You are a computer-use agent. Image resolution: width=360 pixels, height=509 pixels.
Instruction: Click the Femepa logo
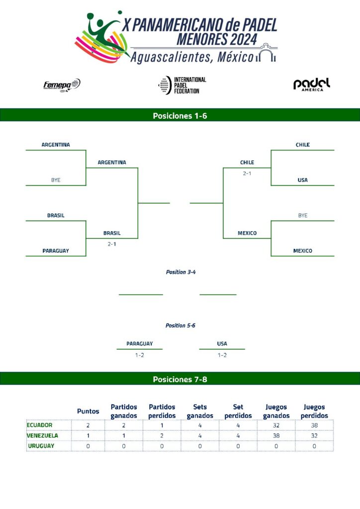click(x=62, y=85)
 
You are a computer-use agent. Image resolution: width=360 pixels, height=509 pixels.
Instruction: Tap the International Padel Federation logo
click(x=181, y=85)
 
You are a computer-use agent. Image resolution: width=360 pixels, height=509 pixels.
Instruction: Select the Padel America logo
click(x=311, y=85)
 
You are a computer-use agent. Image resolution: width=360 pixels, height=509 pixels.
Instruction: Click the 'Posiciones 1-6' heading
click(x=180, y=116)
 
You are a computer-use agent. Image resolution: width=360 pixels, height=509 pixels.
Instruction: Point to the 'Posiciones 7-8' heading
click(x=180, y=379)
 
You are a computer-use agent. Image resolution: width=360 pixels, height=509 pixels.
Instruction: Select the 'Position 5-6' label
click(x=180, y=325)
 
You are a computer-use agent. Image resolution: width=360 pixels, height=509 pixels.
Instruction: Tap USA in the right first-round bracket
click(x=302, y=180)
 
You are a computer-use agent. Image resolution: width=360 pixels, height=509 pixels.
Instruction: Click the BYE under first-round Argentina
click(x=56, y=180)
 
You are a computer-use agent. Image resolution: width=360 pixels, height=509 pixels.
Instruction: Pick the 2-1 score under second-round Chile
click(x=247, y=173)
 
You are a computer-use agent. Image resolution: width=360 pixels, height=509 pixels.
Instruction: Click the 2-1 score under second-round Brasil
click(x=112, y=244)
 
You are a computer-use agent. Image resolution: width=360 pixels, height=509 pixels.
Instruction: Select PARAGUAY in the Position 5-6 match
click(x=139, y=343)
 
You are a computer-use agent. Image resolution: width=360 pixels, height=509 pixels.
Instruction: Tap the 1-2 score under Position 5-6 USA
click(x=222, y=355)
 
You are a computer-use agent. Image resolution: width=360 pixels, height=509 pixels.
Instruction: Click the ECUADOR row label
click(x=40, y=425)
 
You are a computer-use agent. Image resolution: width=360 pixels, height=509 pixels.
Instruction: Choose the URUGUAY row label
click(x=41, y=446)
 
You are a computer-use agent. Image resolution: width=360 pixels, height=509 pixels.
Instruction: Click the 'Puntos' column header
click(x=88, y=411)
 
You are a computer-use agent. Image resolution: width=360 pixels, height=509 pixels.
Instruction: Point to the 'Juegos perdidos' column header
click(x=314, y=411)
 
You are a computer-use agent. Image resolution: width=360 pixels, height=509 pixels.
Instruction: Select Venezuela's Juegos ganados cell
click(x=276, y=435)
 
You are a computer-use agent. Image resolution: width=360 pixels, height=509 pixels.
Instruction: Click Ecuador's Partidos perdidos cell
click(x=162, y=425)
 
